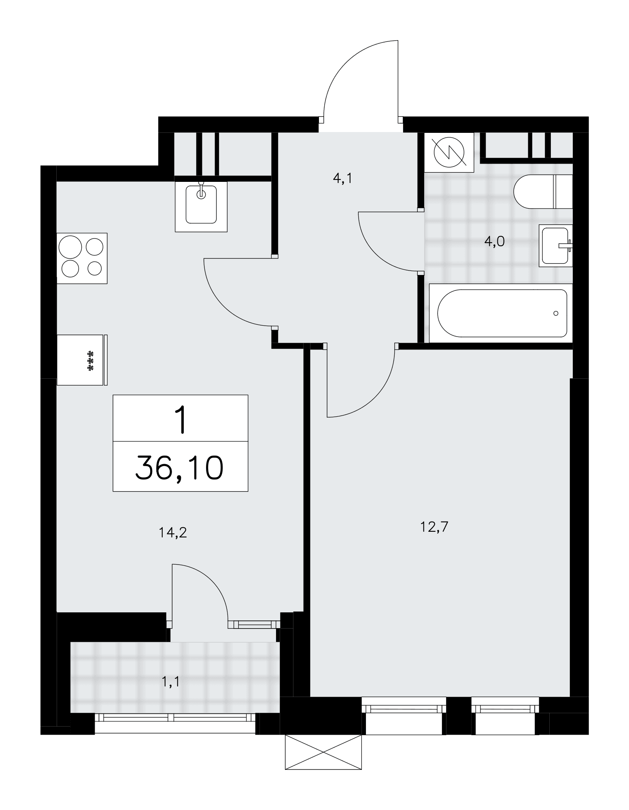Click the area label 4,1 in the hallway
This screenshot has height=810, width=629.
(342, 179)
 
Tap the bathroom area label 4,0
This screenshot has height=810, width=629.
(495, 242)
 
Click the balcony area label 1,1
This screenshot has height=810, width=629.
(170, 682)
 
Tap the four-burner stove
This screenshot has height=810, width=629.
(82, 258)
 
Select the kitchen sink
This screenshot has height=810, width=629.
(201, 207)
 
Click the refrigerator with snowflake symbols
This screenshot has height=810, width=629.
(82, 360)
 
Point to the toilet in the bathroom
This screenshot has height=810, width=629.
(543, 191)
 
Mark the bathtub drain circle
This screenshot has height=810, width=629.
(556, 313)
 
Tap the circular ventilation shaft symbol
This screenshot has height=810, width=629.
(449, 153)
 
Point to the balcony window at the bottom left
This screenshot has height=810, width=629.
(175, 718)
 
